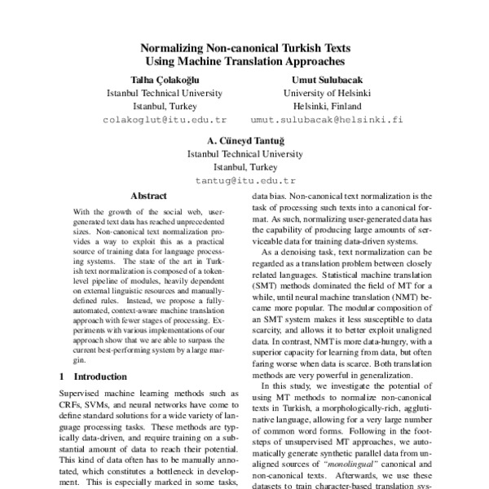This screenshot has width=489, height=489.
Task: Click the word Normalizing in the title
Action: coord(174,48)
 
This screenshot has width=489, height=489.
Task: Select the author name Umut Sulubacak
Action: coord(326,80)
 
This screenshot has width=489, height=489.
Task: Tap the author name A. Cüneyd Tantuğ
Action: coord(244,139)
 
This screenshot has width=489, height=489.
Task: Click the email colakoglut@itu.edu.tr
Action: coord(154,119)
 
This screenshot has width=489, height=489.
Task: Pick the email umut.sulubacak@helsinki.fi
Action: coord(326,119)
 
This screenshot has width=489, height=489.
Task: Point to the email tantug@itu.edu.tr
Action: coord(244,178)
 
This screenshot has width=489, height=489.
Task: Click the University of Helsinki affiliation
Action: coord(326,93)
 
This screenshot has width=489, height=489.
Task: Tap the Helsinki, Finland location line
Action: coord(326,106)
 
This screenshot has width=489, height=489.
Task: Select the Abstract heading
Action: coord(148,196)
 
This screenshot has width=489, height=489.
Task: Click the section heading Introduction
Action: coord(102,377)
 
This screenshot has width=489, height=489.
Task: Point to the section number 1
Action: coord(64,377)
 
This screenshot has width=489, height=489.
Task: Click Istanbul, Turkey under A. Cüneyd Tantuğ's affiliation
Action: coord(244,165)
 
